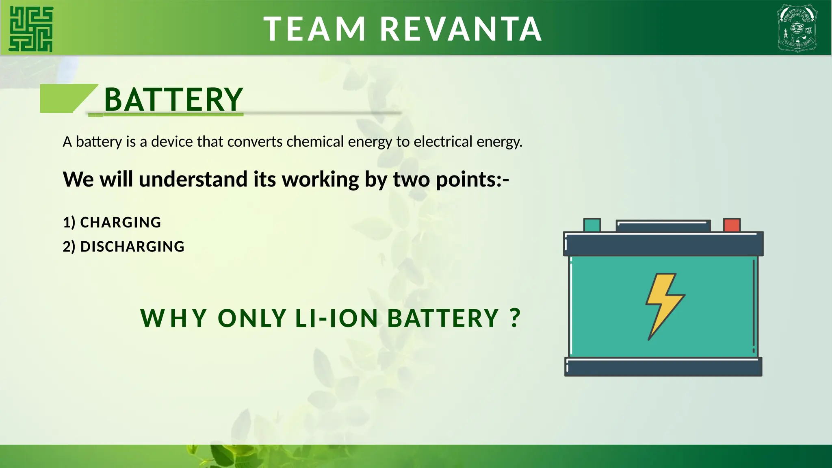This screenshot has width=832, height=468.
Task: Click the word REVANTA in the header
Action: point(461,29)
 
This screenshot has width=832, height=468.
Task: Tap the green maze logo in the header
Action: point(31,29)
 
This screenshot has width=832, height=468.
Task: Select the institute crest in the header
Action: point(797,28)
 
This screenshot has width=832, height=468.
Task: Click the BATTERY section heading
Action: point(173,100)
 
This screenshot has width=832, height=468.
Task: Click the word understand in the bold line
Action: point(193,179)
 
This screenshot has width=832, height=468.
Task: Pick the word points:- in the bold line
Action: point(472,179)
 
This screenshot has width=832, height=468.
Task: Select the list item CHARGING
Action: point(121,223)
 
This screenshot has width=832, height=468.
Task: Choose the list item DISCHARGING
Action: point(132,247)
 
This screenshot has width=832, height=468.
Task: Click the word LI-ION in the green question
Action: point(337,318)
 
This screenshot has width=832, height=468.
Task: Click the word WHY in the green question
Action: point(174,318)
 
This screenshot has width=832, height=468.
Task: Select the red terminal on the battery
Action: point(732,225)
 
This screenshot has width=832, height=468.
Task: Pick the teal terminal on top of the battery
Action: point(592,225)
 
